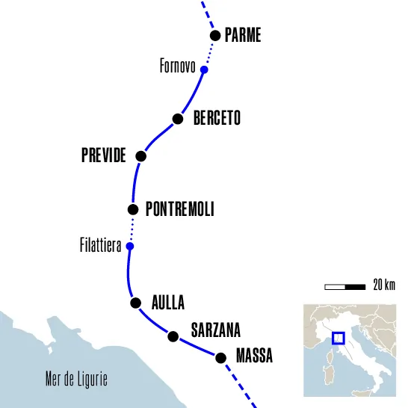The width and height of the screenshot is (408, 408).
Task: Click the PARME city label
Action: tap(243, 35)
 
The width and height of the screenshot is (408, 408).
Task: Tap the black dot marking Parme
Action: tap(215, 35)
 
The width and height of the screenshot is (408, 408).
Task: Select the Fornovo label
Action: tap(178, 67)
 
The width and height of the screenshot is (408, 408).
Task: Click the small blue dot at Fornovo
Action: tap(203, 70)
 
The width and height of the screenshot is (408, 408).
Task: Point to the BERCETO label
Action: tap(217, 119)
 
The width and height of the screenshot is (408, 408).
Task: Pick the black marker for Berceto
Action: tap(178, 119)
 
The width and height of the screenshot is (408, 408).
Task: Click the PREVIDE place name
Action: tap(103, 156)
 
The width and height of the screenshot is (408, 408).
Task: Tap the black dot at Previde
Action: tap(140, 156)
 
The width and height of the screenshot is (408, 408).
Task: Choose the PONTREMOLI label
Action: tap(180, 210)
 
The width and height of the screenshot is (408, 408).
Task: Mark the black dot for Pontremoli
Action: tap(133, 210)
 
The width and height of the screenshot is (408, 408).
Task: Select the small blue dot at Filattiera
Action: tap(129, 246)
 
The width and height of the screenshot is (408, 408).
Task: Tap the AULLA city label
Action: tap(168, 303)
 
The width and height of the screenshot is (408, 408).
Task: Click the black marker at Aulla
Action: tap(135, 303)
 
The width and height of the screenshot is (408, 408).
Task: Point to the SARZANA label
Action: tap(216, 330)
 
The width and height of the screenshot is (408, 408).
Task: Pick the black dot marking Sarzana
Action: tap(173, 336)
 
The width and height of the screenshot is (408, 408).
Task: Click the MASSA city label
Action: tap(254, 357)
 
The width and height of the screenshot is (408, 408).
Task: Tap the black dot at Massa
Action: tap(220, 358)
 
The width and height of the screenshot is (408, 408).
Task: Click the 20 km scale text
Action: tap(384, 285)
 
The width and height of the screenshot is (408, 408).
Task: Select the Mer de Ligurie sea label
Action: tap(76, 379)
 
